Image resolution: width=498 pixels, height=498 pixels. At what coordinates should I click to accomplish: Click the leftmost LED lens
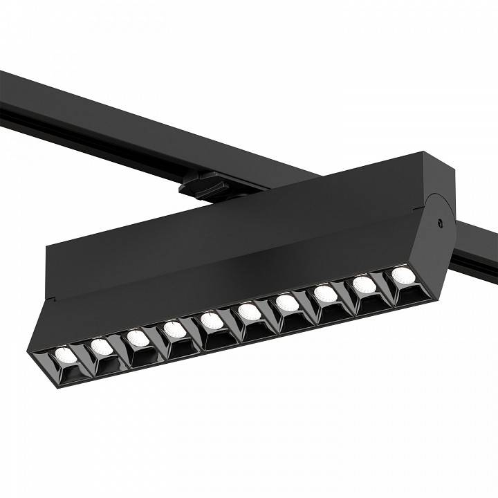pos(66,356)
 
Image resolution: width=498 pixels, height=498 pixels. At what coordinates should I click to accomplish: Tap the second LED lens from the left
pos(102,346)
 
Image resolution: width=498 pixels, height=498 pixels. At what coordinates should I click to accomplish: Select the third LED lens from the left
pos(138,338)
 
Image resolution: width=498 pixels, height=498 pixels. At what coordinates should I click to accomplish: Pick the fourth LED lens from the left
pos(175,329)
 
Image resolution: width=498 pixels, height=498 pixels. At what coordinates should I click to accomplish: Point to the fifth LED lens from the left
pos(212,321)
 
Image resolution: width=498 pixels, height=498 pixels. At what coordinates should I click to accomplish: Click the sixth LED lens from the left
pos(250,313)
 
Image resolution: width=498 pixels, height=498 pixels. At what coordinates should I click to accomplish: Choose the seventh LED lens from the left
pos(287,303)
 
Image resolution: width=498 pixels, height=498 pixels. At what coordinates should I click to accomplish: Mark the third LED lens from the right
pos(325,294)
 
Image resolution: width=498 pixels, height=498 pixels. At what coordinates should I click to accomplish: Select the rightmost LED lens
pos(403,275)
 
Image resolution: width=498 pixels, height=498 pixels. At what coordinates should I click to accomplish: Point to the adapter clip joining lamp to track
pos(201,185)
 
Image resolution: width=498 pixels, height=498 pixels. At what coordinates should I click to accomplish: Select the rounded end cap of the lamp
pos(439,235)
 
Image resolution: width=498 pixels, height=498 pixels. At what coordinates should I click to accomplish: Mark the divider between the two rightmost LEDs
pos(385,284)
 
